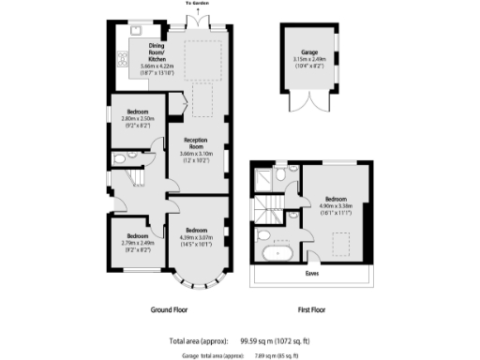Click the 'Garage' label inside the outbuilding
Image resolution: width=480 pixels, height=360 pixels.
[x=307, y=52]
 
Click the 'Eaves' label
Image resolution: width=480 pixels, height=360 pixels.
[x=313, y=275]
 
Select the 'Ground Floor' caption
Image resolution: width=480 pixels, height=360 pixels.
[x=172, y=308]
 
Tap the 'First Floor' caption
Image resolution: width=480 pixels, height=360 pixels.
[x=312, y=308]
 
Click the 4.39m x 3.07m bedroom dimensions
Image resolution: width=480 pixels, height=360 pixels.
[x=197, y=238]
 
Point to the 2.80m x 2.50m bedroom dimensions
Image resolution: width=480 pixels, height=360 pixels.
[x=137, y=120]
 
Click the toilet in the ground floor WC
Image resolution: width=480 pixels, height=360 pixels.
[x=119, y=160]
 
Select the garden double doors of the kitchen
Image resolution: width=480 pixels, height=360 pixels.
[x=198, y=19]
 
